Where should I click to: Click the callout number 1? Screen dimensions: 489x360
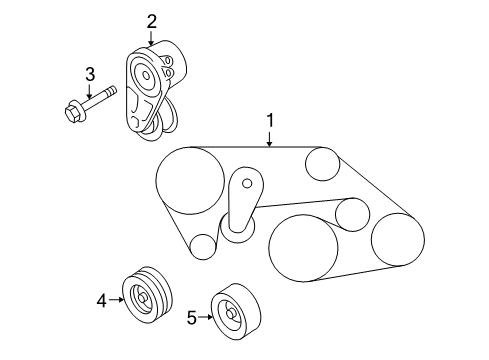tap(270, 120)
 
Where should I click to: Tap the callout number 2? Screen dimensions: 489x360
tap(151, 22)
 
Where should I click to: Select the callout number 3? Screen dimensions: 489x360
tap(90, 74)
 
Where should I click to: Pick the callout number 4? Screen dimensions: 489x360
tap(102, 301)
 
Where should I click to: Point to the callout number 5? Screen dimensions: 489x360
tap(192, 317)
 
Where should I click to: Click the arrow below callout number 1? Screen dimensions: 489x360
tap(270, 139)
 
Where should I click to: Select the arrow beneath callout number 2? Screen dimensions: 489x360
tap(151, 38)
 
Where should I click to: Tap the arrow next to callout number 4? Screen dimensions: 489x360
tap(116, 300)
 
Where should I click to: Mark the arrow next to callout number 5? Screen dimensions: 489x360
tap(205, 317)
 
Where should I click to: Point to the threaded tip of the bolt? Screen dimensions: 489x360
tap(111, 90)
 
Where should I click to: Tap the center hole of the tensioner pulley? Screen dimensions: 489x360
tap(146, 76)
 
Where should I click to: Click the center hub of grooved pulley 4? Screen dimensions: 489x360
tap(142, 298)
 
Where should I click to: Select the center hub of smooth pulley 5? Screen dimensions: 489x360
tap(231, 314)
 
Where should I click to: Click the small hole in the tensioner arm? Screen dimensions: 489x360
tap(247, 183)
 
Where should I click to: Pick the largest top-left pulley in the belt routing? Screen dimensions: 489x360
tap(190, 180)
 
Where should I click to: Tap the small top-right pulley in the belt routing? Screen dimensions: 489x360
tap(322, 164)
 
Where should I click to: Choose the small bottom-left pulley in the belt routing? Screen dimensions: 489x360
tap(203, 247)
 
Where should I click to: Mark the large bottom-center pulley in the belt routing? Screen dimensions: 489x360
tap(303, 248)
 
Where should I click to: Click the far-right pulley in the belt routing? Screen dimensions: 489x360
tap(398, 240)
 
